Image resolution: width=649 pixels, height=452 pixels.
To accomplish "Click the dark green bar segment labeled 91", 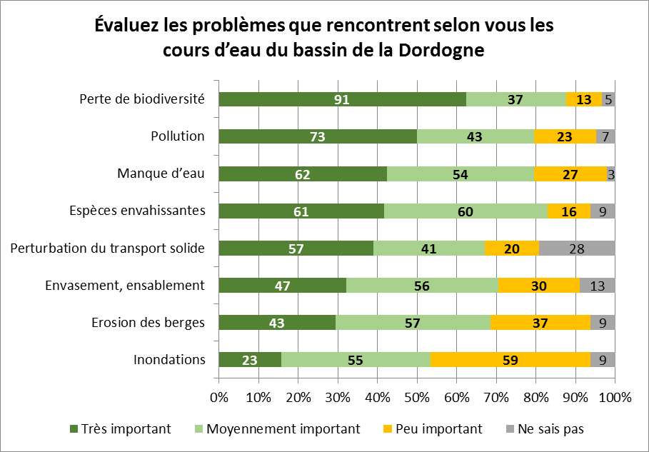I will pos(342,99).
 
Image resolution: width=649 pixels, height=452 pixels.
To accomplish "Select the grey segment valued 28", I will pos(585,248).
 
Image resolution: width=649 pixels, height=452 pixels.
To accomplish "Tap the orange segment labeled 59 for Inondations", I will pos(510,359).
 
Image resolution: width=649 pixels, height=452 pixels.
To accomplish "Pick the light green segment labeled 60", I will pos(466,211).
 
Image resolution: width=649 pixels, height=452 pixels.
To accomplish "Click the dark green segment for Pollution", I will pos(318,136).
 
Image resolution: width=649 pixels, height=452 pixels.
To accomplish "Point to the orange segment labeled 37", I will pos(540,322).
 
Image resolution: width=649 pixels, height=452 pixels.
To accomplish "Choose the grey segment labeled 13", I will pos(597,285).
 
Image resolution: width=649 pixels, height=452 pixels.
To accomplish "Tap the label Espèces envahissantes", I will pos(137,211).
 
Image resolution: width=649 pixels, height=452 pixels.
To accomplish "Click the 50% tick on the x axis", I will pos(417,397).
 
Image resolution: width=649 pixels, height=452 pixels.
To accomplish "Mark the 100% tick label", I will pos(615,397).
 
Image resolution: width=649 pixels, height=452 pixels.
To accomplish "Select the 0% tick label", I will pos(218,397).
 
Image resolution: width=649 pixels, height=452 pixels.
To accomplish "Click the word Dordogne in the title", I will pos(441,51).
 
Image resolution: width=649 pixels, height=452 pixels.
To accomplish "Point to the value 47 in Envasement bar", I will pos(282,285).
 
